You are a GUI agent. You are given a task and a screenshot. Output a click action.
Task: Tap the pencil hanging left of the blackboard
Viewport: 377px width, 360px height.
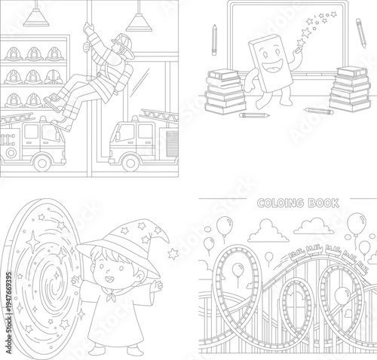[x=215, y=35]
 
